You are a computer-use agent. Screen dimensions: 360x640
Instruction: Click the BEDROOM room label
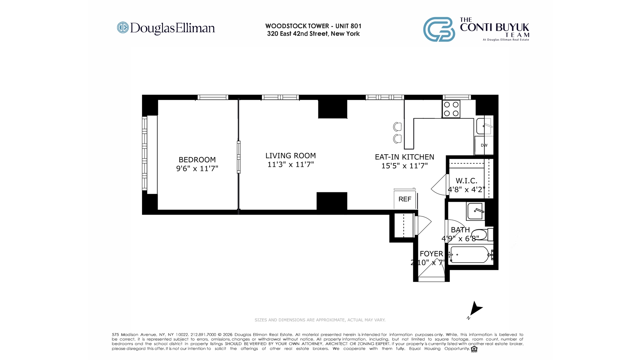tap(197, 160)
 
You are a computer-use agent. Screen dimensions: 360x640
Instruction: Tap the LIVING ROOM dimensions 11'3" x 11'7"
tap(290, 164)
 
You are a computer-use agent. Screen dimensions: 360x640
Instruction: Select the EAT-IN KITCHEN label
tap(404, 157)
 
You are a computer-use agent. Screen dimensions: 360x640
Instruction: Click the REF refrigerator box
tap(405, 199)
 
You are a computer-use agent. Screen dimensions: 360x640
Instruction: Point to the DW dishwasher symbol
tap(484, 145)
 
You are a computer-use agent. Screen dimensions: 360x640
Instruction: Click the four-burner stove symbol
tap(451, 109)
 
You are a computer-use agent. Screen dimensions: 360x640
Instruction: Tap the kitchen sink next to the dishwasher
tap(484, 126)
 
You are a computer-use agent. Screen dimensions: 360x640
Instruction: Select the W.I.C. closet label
tap(466, 181)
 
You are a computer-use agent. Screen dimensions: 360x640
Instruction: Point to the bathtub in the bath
tap(470, 255)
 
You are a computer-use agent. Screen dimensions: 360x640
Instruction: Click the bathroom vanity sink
tap(475, 211)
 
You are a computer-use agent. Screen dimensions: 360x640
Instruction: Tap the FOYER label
tap(431, 254)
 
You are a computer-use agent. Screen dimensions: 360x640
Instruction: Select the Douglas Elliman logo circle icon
tap(123, 28)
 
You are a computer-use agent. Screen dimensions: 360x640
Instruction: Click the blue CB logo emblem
tap(439, 29)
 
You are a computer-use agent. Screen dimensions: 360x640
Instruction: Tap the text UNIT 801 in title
tap(348, 26)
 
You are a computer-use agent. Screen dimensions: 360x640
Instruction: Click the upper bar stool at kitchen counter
tap(397, 127)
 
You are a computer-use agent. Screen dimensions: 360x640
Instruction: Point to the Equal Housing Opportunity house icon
tap(474, 349)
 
